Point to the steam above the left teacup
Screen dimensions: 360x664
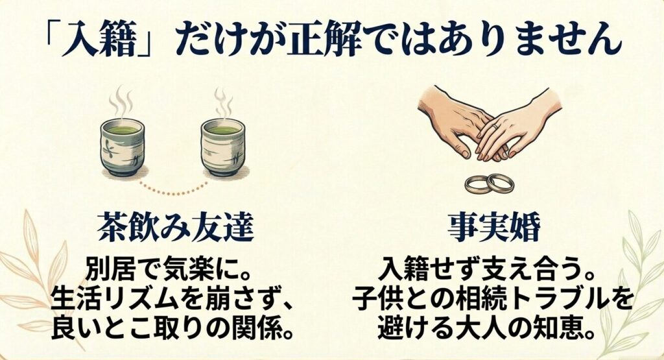[x=121, y=104]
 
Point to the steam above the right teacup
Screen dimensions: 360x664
[x=222, y=103]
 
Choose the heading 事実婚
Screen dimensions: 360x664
[x=491, y=228]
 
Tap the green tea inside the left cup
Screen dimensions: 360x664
[x=122, y=130]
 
